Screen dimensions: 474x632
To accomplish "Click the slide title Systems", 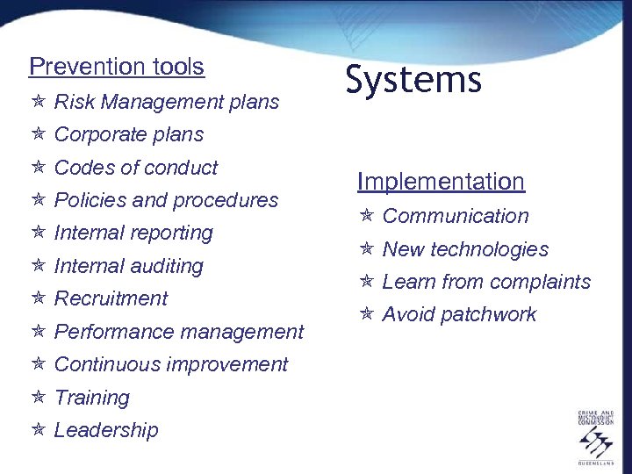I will click(413, 81).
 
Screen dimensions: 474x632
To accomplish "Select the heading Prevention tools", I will click(116, 67).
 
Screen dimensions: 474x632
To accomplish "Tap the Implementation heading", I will click(441, 182).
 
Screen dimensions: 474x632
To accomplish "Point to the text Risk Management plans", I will click(167, 103).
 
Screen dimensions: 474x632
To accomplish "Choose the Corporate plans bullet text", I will click(128, 135).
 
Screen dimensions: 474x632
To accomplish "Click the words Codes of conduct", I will click(136, 168).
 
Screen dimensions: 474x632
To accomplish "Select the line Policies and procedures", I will click(166, 200).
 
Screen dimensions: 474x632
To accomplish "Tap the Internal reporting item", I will click(133, 233).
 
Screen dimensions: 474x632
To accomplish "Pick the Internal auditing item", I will click(128, 266).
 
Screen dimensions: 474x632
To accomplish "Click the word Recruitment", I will click(111, 298).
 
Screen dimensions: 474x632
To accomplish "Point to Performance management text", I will click(178, 332).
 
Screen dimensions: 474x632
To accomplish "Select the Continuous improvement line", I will click(171, 364).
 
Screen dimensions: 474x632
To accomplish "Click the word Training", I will click(91, 398).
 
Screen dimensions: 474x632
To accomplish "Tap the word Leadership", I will click(106, 430).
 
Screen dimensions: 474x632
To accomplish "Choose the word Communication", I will click(456, 216).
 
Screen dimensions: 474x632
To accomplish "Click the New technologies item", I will click(465, 249).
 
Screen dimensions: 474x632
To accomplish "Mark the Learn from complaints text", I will click(486, 282).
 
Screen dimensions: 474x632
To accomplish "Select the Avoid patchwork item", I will click(459, 315).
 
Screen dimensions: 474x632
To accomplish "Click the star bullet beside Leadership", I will click(37, 430).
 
